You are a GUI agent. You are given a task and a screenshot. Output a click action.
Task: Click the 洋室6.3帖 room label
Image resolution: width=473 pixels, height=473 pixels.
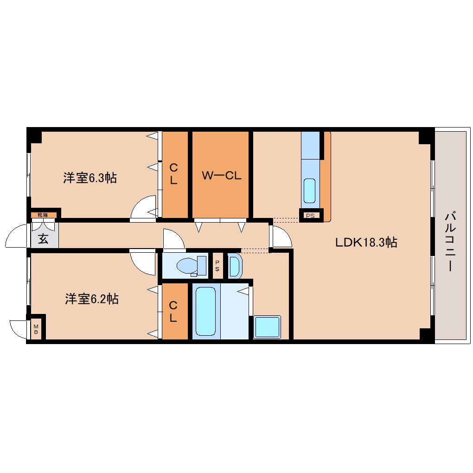coord(90,178)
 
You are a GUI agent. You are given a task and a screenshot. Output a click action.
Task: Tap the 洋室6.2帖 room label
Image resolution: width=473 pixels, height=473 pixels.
coord(92,299)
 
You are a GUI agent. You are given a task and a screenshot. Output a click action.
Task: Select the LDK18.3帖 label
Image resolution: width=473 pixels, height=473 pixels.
coord(366,242)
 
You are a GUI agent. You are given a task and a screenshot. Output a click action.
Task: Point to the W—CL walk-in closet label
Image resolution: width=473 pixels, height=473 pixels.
coord(221,175)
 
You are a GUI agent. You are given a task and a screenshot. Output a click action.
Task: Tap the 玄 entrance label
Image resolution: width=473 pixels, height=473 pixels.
coord(43,239)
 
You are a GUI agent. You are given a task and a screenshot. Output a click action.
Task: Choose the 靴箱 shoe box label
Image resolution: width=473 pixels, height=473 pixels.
coord(43,215)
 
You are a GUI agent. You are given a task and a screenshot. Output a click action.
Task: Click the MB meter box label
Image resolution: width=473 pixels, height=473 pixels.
coord(36,329)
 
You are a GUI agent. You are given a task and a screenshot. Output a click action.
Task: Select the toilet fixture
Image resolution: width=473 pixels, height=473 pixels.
coord(191,266)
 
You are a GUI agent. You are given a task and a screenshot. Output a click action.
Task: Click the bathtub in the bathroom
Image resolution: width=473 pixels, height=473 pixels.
coord(206,311)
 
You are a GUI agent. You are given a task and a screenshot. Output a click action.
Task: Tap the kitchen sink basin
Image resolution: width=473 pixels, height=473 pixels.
coord(309,191)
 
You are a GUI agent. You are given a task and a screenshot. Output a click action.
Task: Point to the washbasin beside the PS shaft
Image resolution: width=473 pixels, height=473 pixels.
coord(235,266)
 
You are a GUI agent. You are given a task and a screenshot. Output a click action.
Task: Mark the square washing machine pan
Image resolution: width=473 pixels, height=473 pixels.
coord(267,327)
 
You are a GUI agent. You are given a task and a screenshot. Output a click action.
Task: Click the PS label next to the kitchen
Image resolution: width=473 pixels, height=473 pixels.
coord(310,216)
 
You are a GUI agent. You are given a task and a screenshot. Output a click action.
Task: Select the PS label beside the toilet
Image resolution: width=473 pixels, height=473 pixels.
coord(217,266)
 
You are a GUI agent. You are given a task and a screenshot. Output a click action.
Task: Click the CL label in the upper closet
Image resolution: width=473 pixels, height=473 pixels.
coord(173,174)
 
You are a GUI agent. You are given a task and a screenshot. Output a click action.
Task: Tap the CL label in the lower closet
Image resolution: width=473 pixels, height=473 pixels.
coord(173,311)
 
